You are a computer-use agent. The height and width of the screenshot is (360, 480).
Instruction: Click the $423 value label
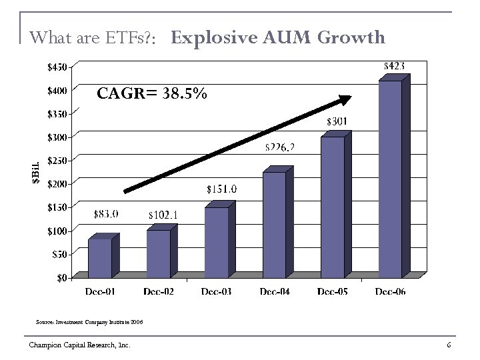coord(395,66)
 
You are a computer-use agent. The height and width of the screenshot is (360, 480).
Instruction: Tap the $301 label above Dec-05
coord(337,121)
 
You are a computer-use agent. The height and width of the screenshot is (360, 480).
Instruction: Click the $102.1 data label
coord(163,215)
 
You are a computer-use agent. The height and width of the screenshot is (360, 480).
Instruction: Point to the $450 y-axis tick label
coord(56,67)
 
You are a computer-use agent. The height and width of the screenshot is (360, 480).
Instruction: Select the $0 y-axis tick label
coord(61,277)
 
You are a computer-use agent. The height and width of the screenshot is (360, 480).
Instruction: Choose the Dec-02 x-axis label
coord(159,291)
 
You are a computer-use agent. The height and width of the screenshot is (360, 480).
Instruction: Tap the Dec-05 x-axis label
coord(332,291)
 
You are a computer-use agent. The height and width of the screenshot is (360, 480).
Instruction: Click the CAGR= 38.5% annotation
coord(152,94)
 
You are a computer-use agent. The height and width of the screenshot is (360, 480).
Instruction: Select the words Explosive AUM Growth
coord(278,37)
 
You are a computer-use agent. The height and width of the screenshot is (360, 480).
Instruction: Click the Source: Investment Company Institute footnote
coord(89,322)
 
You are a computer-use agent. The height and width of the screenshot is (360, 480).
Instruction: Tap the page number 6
coord(449,344)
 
